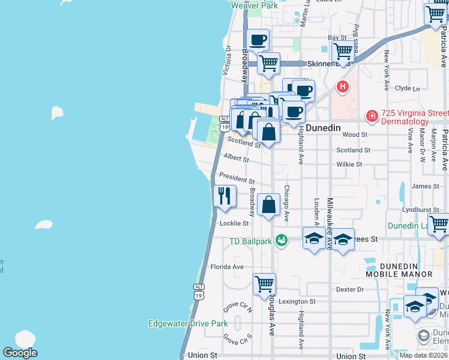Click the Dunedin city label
coord(323,128)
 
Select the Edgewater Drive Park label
coord(188,323)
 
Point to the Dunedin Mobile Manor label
coord(399,269)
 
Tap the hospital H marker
coord(342,87)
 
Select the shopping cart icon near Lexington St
coord(264,284)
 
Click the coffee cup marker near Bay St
coord(258,40)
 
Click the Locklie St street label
coord(234,223)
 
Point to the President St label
coord(237,178)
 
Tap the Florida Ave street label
coord(226,266)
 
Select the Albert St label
coord(236,158)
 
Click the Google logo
coord(20,353)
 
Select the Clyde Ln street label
coord(407,88)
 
